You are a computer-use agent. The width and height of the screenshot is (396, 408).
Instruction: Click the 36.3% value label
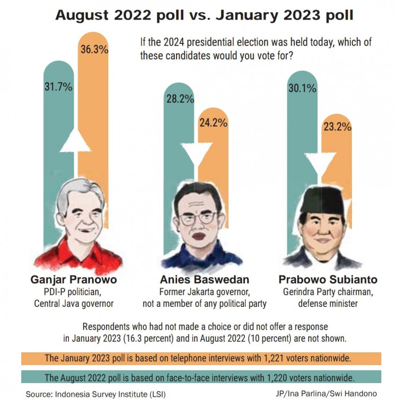94,50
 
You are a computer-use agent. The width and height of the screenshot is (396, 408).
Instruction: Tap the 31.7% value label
58,87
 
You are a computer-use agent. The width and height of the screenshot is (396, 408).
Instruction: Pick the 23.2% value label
335,127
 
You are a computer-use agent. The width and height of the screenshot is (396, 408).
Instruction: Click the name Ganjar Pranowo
74,279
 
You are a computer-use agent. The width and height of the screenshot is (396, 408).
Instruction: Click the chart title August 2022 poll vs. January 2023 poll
197,15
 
